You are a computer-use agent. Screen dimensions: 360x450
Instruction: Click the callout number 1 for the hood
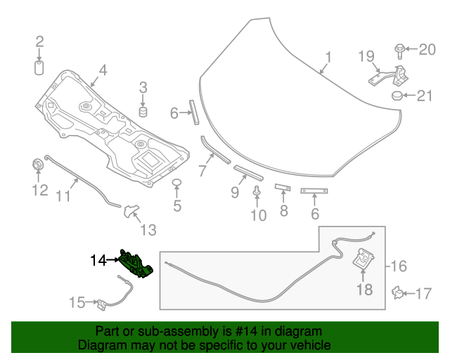(x=327, y=56)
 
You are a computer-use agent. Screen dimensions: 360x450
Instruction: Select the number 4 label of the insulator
(x=103, y=70)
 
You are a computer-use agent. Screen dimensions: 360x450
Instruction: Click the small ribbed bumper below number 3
(x=143, y=112)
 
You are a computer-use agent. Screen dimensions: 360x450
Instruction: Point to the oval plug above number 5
(x=177, y=184)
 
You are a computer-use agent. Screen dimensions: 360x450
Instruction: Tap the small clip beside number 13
(x=131, y=211)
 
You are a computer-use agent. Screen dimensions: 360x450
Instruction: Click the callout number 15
(x=77, y=302)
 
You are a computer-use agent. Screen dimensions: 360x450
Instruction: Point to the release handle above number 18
(x=363, y=259)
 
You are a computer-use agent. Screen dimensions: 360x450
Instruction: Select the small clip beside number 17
(x=399, y=292)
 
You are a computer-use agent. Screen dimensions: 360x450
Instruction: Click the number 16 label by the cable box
(x=399, y=266)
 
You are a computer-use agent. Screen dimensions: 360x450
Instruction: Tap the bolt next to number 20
(x=399, y=50)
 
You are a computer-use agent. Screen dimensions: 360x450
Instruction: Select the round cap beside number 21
(x=397, y=96)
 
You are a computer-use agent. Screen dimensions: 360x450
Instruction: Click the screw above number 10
(x=258, y=191)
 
